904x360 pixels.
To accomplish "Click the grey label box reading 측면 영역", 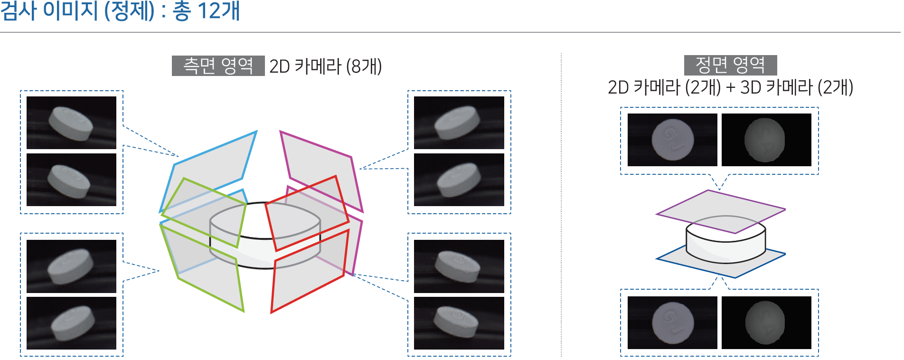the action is tap(218, 66).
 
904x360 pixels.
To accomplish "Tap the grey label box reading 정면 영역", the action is tap(730, 65).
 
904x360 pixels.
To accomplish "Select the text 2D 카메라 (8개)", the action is tap(325, 66).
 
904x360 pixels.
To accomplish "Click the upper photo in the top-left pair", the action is tap(71, 123).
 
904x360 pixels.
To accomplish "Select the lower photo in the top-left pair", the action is tap(71, 180).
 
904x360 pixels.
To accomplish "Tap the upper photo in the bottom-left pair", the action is tap(71, 266).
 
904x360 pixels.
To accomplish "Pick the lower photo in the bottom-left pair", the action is tap(71, 323).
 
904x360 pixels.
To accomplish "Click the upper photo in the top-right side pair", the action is tap(459, 123).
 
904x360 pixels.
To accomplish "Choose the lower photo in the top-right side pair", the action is tap(459, 180).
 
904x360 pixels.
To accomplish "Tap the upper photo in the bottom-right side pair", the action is tap(459, 266).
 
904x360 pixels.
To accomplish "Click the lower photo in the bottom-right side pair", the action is tap(459, 323).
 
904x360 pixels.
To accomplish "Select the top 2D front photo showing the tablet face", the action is tap(672, 140).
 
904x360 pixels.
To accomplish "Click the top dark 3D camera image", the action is tap(766, 140).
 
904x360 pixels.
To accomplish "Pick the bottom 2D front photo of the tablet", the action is tap(672, 322).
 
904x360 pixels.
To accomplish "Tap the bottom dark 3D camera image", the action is tap(766, 322).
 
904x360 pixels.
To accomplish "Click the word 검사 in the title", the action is tap(19, 10).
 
